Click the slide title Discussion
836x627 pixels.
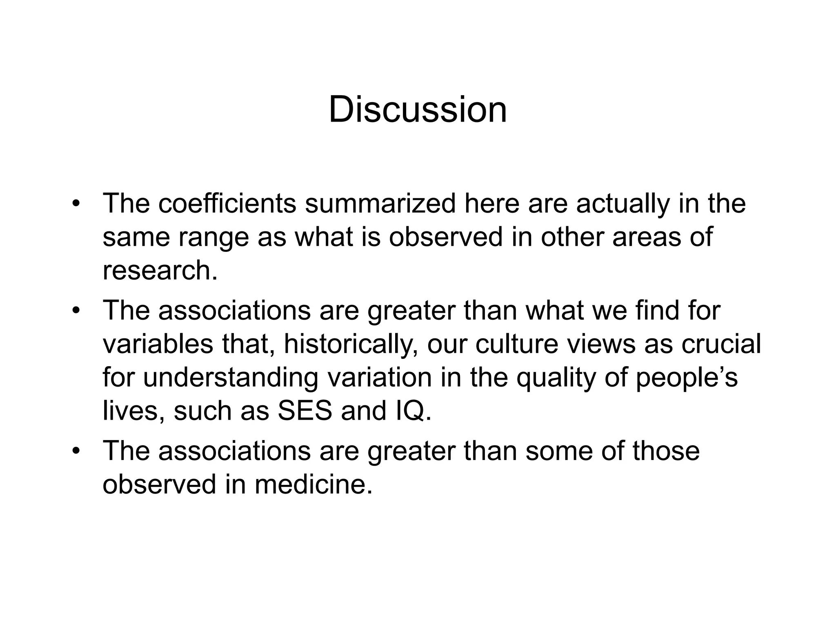pyautogui.click(x=418, y=109)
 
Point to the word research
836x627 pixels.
pyautogui.click(x=160, y=270)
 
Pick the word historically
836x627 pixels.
pyautogui.click(x=350, y=344)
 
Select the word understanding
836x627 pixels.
pyautogui.click(x=230, y=378)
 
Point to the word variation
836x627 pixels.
pyautogui.click(x=379, y=378)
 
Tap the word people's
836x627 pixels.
pyautogui.click(x=687, y=378)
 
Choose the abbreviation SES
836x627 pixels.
pyautogui.click(x=305, y=411)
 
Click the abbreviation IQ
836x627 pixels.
pyautogui.click(x=413, y=411)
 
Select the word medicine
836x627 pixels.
pyautogui.click(x=313, y=485)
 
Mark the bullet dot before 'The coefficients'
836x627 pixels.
pyautogui.click(x=75, y=204)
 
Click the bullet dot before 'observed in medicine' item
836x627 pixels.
pyautogui.click(x=75, y=451)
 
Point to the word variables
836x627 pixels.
pyautogui.click(x=158, y=344)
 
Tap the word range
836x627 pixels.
pyautogui.click(x=213, y=238)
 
